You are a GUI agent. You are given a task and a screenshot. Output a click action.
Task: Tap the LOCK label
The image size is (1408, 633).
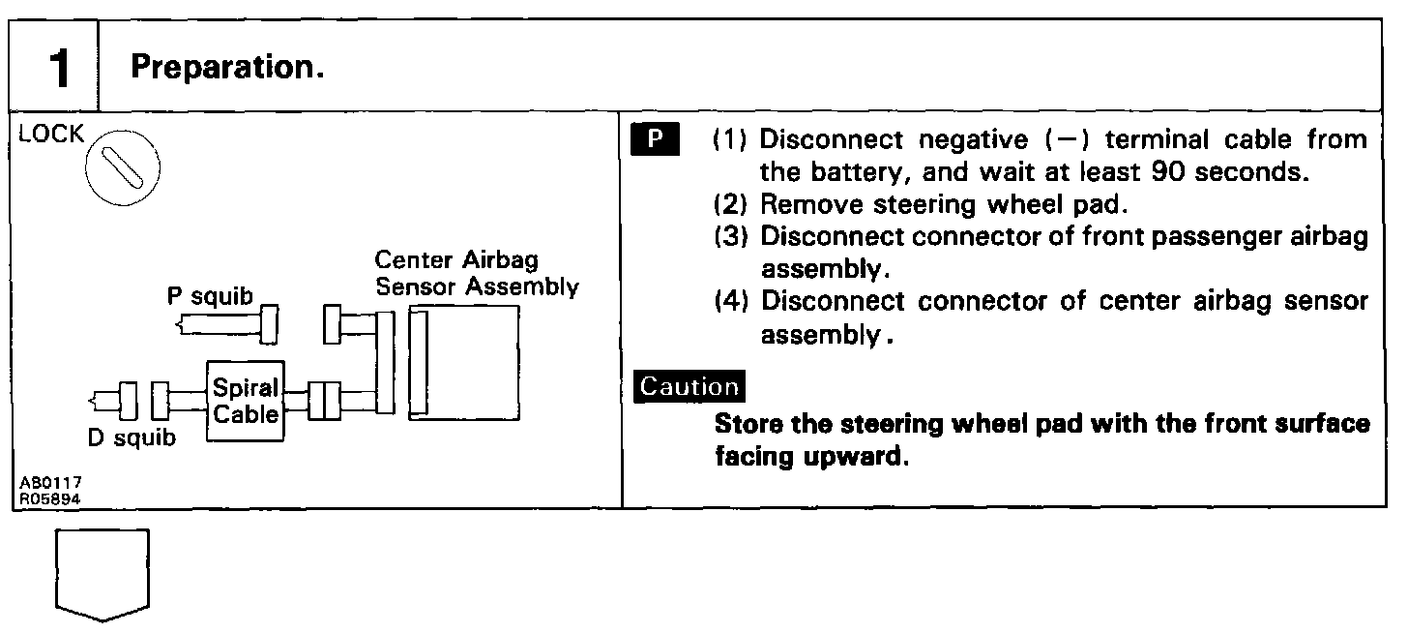[x=51, y=135]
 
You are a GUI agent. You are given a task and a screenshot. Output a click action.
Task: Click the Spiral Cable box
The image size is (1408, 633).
[x=246, y=402]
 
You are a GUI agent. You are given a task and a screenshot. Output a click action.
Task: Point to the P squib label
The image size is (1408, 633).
[x=209, y=296]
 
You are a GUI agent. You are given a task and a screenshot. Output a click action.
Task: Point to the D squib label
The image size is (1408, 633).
[x=132, y=438]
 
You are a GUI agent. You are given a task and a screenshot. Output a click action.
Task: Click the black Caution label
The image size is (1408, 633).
[x=689, y=386]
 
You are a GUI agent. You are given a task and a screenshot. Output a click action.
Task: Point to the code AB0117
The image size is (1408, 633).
[x=48, y=480]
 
